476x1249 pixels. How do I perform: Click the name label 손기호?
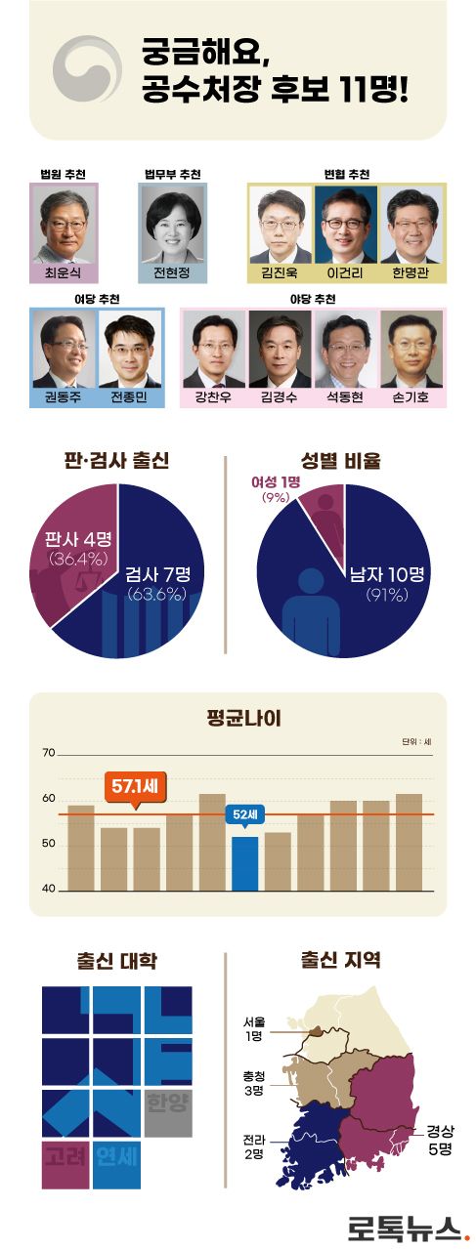[x=410, y=397]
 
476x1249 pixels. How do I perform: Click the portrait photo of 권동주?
[x=64, y=349]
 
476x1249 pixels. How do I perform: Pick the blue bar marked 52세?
[x=244, y=863]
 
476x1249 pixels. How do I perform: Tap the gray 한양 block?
[x=168, y=1105]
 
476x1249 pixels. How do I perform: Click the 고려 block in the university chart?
[x=65, y=1159]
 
